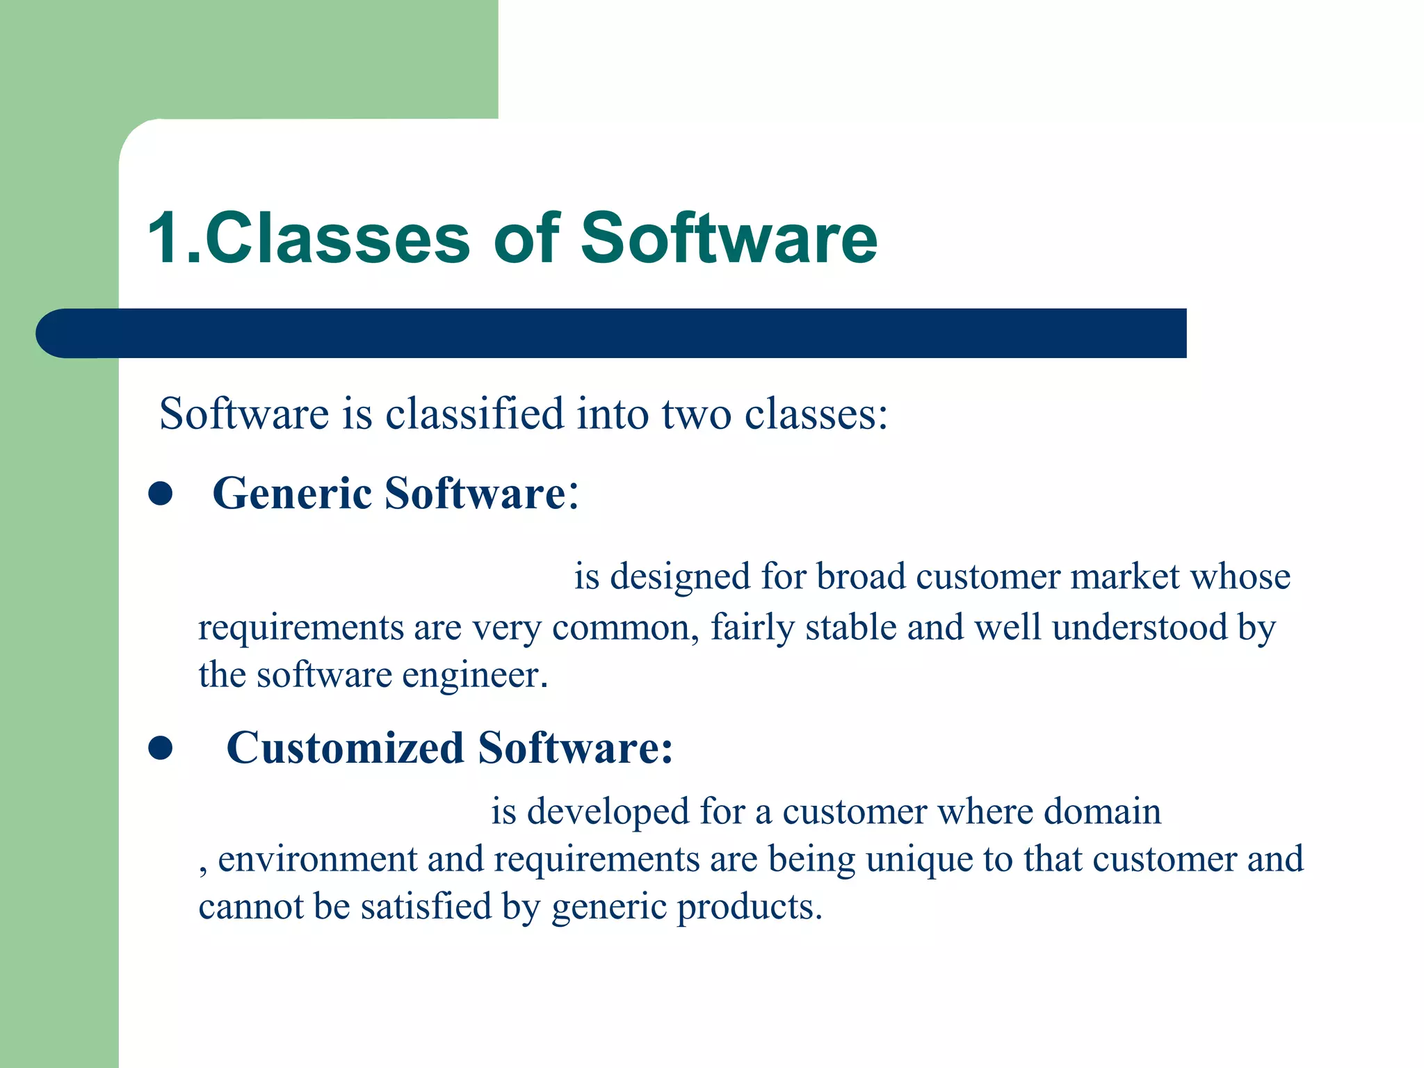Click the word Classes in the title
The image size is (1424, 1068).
(338, 238)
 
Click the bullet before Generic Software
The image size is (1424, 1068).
(161, 494)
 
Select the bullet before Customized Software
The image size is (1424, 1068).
(161, 749)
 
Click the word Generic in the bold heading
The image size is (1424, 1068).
(292, 494)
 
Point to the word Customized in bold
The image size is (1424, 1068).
(345, 749)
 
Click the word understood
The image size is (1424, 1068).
(1139, 628)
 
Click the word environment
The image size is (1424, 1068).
(316, 859)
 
